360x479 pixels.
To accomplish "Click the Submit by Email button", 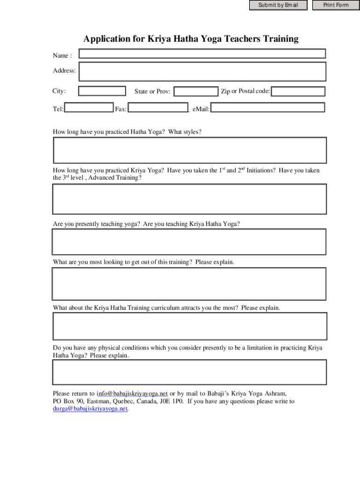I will (278, 5).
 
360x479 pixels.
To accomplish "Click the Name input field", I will (202, 54).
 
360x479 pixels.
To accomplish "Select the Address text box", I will (202, 72).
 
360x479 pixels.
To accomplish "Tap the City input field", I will (102, 91).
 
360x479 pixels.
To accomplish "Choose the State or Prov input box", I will (196, 91).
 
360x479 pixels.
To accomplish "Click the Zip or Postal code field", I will (298, 91).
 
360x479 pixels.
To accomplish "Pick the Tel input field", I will (88, 108).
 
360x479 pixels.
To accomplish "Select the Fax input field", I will (158, 108).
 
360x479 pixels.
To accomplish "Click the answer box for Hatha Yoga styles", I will (189, 151).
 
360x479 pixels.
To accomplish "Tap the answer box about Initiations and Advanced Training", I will (189, 199).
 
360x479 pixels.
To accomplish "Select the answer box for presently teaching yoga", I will (189, 241).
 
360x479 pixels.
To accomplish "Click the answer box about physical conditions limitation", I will (189, 373).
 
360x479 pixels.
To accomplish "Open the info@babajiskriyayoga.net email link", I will (132, 393).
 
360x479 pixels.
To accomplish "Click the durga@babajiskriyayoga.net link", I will (90, 408).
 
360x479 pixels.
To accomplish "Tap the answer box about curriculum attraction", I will (189, 326).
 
